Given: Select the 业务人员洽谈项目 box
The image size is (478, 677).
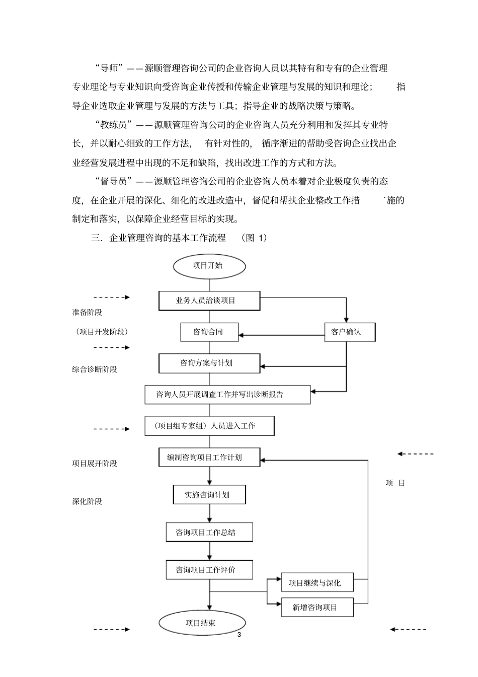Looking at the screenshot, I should point(209,300).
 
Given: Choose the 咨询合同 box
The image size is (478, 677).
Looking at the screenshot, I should point(209,332).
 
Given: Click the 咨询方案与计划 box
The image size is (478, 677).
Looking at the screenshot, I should point(209,363).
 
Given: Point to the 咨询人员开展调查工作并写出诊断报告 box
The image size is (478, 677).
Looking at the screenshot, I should point(227,395).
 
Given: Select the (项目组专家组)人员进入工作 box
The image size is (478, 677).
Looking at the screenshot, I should point(209,426).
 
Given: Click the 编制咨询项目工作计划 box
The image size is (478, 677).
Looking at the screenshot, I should point(209,458).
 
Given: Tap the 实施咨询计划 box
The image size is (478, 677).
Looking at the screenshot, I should point(209,495).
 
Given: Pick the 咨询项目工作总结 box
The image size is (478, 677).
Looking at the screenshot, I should point(209,532).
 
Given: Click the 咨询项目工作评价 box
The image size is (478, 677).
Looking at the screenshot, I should point(209,570).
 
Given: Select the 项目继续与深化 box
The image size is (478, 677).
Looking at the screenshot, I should point(317,583).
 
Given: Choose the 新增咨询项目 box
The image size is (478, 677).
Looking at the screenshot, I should point(317,608).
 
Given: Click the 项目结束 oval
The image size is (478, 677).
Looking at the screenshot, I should point(202,623).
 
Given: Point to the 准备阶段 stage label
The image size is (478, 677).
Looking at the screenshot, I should point(87,313).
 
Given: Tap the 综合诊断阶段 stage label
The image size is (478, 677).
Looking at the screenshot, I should point(95,369).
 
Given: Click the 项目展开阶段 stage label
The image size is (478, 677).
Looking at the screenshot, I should point(95,464).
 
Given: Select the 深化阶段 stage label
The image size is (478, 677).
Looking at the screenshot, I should point(87,502).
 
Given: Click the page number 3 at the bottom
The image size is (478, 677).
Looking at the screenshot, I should point(240,635).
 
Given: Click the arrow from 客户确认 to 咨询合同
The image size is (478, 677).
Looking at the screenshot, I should point(282,334).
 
